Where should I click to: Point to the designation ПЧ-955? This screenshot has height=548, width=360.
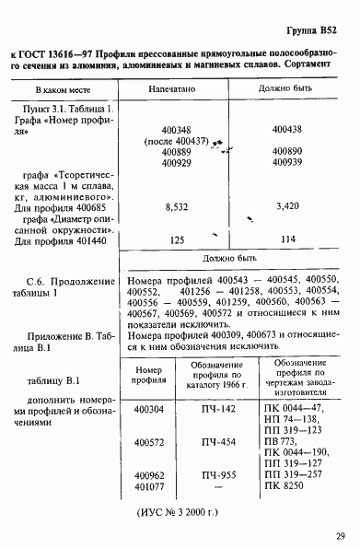click(215, 473)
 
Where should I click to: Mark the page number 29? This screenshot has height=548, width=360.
click(341, 534)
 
